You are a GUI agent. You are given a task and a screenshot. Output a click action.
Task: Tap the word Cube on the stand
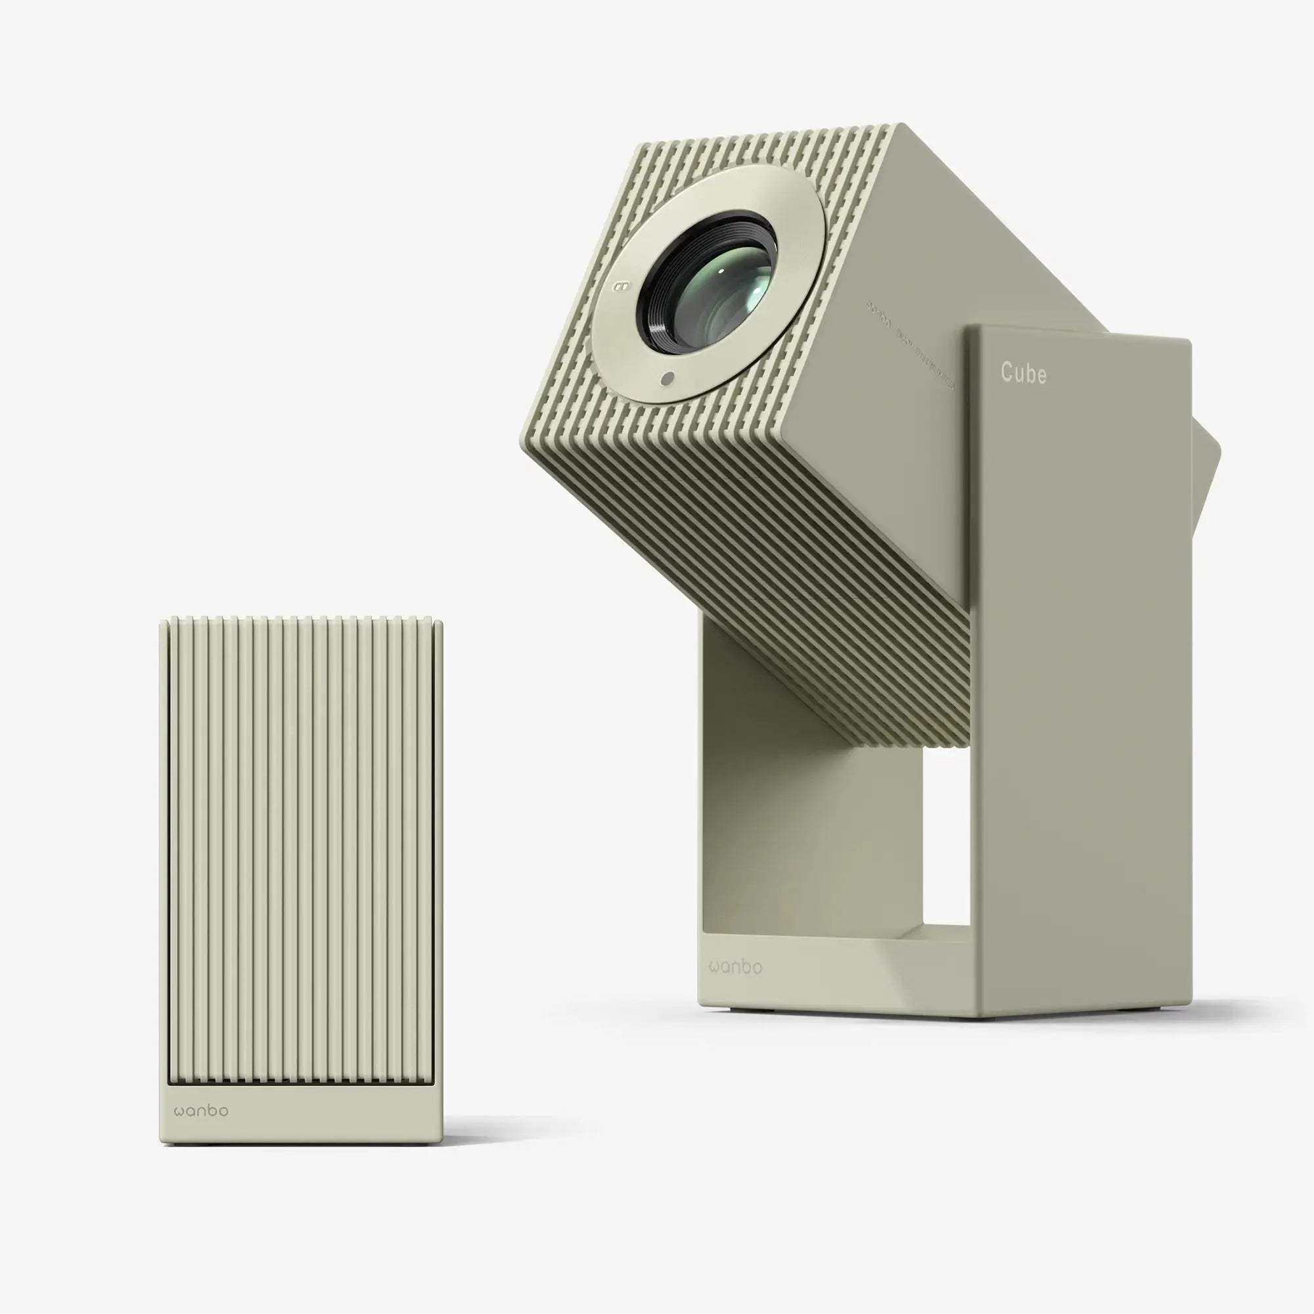coord(1023,373)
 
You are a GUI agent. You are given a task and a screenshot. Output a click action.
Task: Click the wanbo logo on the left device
coord(201,1110)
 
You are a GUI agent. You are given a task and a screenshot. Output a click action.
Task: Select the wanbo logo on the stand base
coord(735,966)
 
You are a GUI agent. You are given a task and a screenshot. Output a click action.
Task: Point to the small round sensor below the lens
coord(668,379)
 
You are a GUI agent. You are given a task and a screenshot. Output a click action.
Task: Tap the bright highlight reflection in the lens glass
coord(755,286)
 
